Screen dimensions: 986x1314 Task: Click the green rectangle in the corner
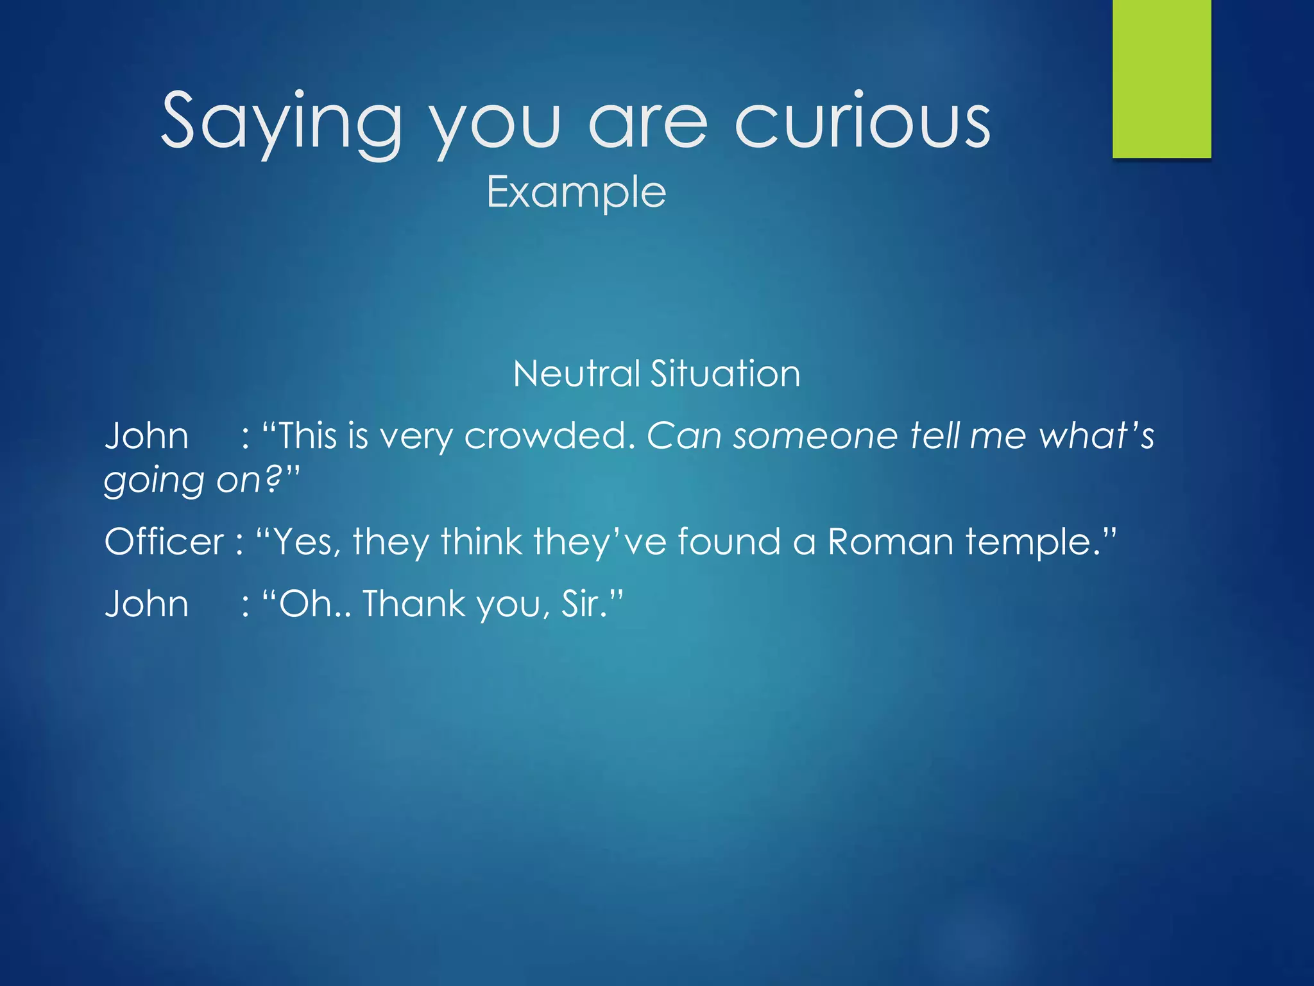tap(1161, 78)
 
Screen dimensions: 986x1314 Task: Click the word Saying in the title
tap(281, 122)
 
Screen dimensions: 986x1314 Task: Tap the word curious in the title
tap(862, 122)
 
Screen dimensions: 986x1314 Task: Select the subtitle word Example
tap(576, 193)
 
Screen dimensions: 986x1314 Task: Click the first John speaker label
tap(146, 437)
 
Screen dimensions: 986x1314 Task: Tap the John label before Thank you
tap(146, 605)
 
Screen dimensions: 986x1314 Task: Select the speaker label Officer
tap(164, 542)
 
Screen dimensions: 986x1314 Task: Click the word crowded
tap(549, 437)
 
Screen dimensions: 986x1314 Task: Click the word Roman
tap(891, 542)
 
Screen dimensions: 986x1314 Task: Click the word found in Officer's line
tap(729, 542)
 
